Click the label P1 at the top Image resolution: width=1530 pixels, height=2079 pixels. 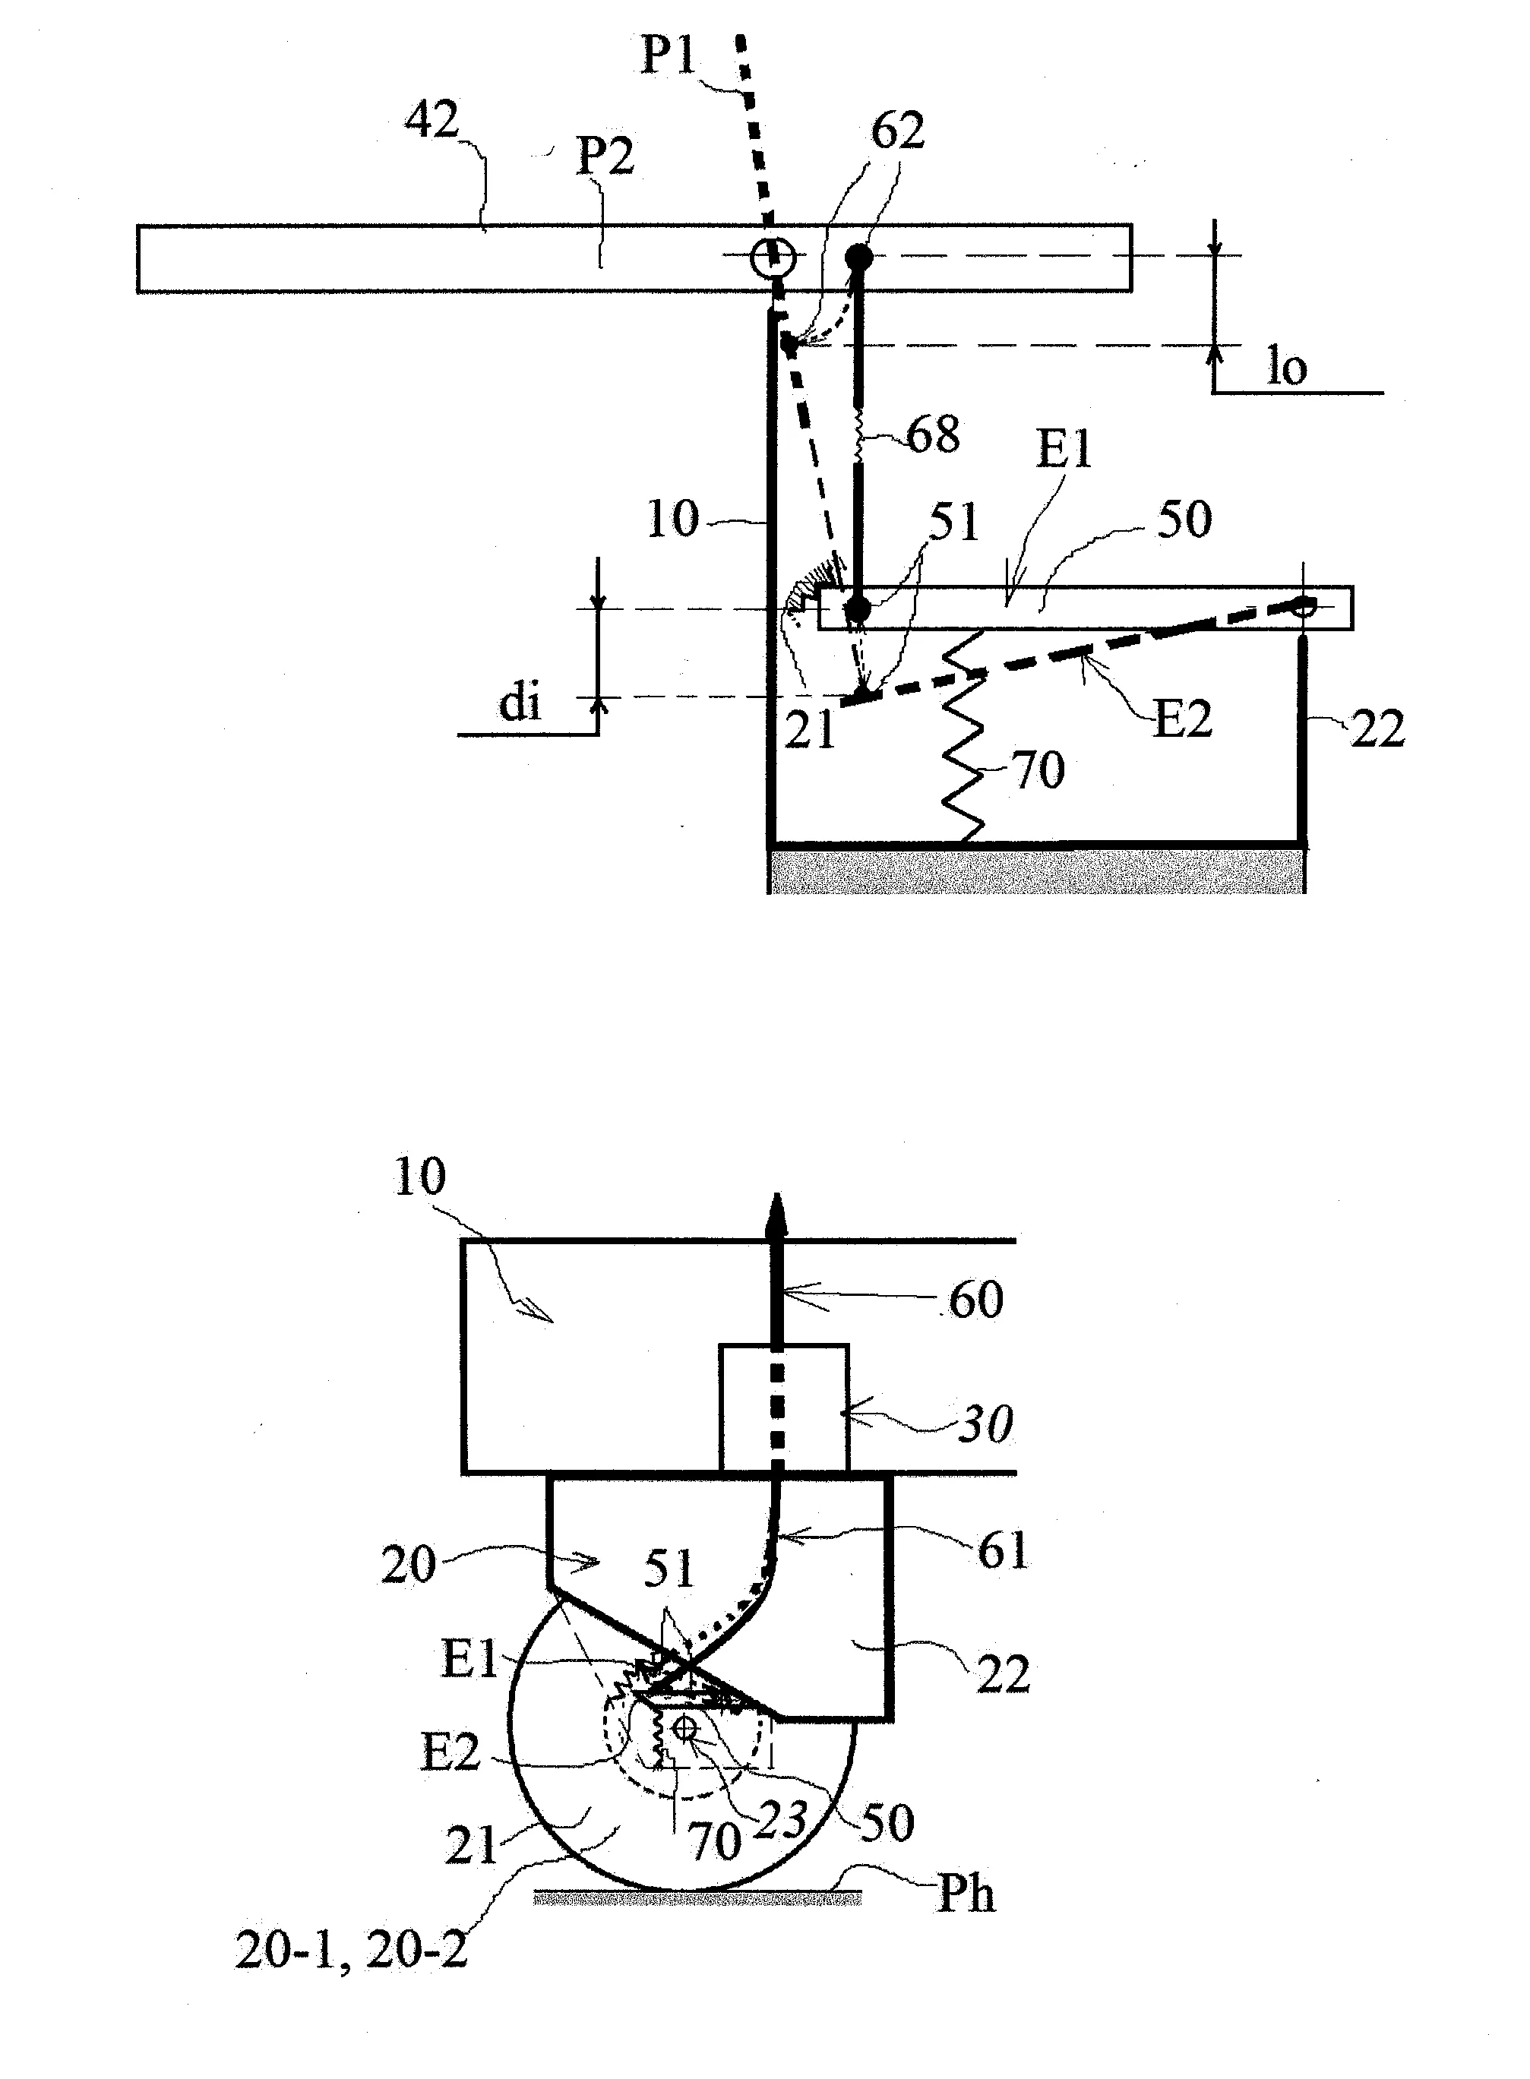click(x=669, y=55)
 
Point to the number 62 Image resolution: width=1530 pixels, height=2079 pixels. click(x=897, y=131)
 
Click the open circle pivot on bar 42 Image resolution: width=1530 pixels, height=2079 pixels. click(x=773, y=257)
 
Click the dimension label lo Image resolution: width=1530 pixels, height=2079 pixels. click(x=1286, y=368)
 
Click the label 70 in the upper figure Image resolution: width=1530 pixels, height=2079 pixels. click(x=1039, y=770)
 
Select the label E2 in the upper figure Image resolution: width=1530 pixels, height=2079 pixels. click(x=1183, y=719)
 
